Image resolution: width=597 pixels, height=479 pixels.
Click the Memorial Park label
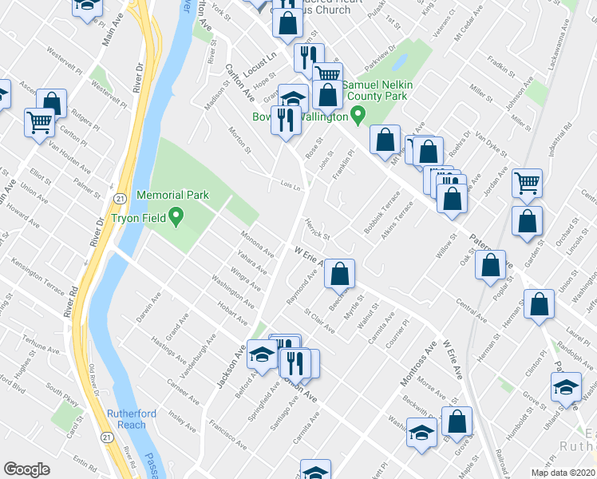[172, 195]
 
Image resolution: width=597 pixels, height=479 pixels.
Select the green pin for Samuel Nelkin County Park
[358, 117]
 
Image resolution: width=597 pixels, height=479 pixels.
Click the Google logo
[26, 469]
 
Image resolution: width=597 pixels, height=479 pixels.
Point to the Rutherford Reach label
[127, 419]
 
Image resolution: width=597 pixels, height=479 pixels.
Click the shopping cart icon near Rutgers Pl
[38, 124]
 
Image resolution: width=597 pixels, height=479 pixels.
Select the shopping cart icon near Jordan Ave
[527, 182]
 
